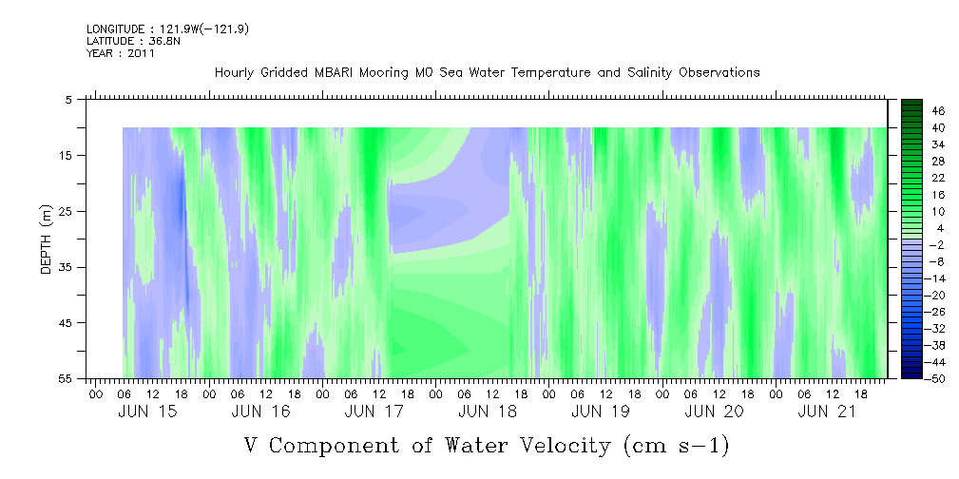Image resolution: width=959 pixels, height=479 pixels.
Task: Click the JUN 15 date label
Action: click(x=148, y=412)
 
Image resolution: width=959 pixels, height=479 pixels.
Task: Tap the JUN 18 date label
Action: click(x=488, y=412)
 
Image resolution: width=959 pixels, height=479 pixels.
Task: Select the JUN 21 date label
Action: click(x=828, y=412)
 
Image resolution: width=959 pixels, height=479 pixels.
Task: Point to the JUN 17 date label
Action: click(x=374, y=412)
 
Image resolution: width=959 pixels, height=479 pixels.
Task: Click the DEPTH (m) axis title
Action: click(x=47, y=239)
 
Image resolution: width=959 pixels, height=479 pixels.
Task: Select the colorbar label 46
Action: click(x=939, y=111)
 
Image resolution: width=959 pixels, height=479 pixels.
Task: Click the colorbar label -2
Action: click(x=939, y=244)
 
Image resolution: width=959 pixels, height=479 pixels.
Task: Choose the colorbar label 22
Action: click(x=939, y=178)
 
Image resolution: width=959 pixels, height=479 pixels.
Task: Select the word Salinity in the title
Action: click(x=648, y=73)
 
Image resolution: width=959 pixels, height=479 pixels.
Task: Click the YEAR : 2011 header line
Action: click(x=121, y=53)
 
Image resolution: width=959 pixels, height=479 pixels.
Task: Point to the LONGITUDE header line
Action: click(x=167, y=29)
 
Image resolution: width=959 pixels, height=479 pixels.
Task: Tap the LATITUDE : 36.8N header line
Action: click(x=133, y=41)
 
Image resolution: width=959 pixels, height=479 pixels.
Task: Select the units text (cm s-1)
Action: click(x=677, y=446)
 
